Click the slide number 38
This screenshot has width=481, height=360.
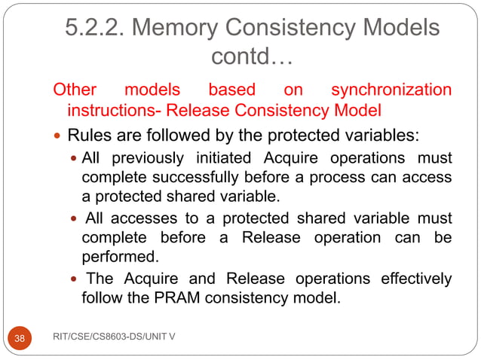[20, 338]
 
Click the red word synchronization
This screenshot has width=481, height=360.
[391, 90]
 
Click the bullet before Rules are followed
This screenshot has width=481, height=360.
[58, 137]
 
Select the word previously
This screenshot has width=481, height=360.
[149, 159]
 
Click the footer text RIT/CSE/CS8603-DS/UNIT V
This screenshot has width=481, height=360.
[115, 337]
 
